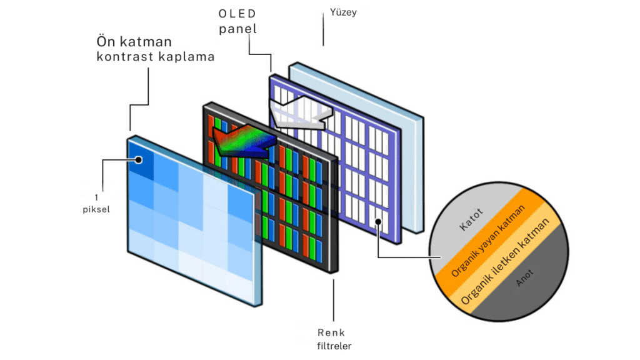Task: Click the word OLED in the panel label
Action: tap(237, 13)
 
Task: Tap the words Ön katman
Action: tap(134, 42)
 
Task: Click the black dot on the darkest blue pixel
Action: tap(138, 160)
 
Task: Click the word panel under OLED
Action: tap(237, 29)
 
